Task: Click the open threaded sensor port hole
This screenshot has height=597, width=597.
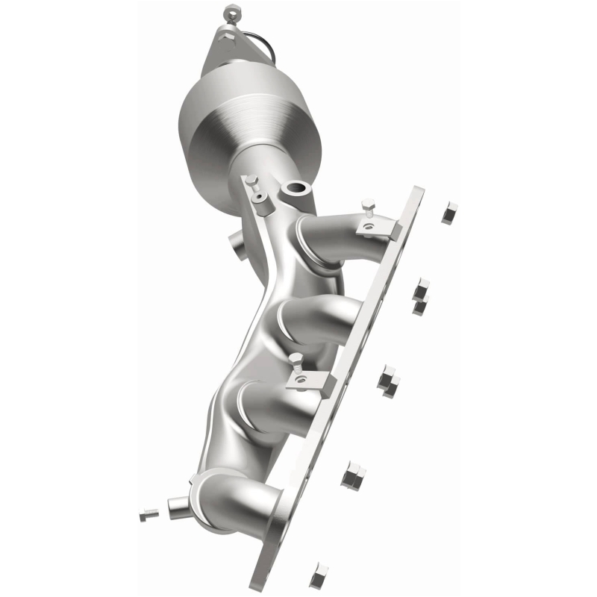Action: click(x=297, y=190)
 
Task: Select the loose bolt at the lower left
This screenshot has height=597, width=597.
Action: click(x=149, y=514)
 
